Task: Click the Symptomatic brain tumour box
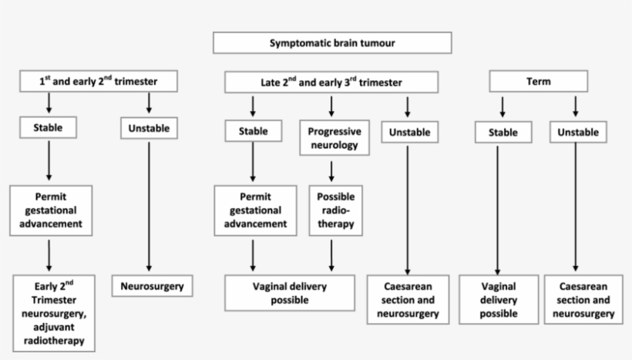[x=332, y=43]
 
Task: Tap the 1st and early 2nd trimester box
[x=98, y=81]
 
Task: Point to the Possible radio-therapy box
[x=332, y=207]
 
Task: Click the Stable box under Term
[x=503, y=133]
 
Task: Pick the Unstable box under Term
[x=577, y=133]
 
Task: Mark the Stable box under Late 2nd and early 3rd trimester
[x=254, y=132]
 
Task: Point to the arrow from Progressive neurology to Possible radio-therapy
[x=332, y=170]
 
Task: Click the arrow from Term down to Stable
[x=503, y=106]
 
